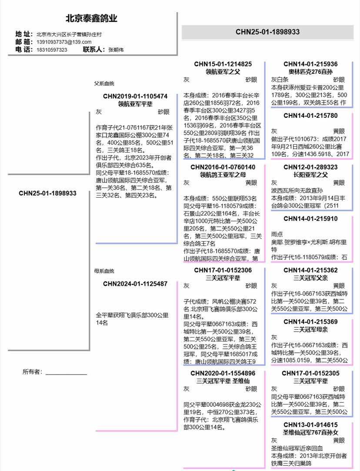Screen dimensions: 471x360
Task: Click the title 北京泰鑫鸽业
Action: pyautogui.click(x=91, y=19)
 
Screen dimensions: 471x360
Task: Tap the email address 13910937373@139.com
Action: pyautogui.click(x=64, y=42)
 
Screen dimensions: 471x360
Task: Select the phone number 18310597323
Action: pyautogui.click(x=52, y=50)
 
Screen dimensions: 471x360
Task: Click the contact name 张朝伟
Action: pyautogui.click(x=116, y=50)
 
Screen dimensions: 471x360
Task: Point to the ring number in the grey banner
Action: pyautogui.click(x=267, y=32)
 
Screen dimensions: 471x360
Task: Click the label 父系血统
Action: pyautogui.click(x=104, y=83)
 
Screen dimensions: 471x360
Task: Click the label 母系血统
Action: pyautogui.click(x=104, y=271)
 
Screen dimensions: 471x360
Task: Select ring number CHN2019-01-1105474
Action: pyautogui.click(x=135, y=96)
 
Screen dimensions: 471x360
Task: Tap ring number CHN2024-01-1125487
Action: pyautogui.click(x=135, y=284)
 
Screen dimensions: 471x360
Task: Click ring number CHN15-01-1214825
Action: pyautogui.click(x=223, y=64)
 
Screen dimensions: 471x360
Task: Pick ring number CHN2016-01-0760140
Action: pyautogui.click(x=223, y=167)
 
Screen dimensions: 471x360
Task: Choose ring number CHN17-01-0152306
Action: pyautogui.click(x=223, y=270)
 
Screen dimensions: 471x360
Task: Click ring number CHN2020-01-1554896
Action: pyautogui.click(x=223, y=373)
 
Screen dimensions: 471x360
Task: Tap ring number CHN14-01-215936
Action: pyautogui.click(x=310, y=64)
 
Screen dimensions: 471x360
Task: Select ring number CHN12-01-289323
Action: pyautogui.click(x=310, y=167)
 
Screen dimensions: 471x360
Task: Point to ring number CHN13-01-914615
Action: pyautogui.click(x=310, y=425)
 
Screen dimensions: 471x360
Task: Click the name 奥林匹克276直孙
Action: pyautogui.click(x=310, y=72)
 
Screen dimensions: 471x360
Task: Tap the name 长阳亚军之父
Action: pyautogui.click(x=310, y=175)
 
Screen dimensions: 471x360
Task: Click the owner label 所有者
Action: pyautogui.click(x=33, y=371)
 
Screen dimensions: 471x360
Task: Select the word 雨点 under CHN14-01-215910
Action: pyautogui.click(x=277, y=234)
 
